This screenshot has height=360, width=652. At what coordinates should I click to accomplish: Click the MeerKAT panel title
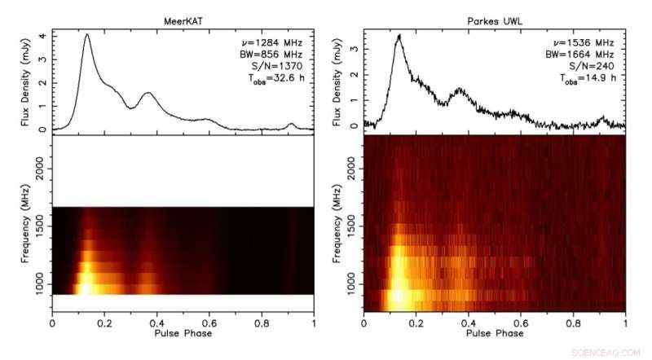(183, 20)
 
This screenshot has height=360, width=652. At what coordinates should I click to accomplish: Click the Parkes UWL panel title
(495, 20)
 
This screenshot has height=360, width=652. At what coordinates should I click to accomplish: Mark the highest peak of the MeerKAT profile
(86, 35)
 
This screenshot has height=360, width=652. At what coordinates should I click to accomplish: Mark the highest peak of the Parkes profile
(399, 36)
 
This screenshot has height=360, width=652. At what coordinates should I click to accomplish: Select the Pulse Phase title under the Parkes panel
(495, 334)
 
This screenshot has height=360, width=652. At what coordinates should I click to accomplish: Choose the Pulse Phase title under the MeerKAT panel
(183, 334)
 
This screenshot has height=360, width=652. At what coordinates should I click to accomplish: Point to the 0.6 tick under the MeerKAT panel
(209, 323)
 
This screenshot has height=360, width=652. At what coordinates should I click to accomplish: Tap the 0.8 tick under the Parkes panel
(573, 323)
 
